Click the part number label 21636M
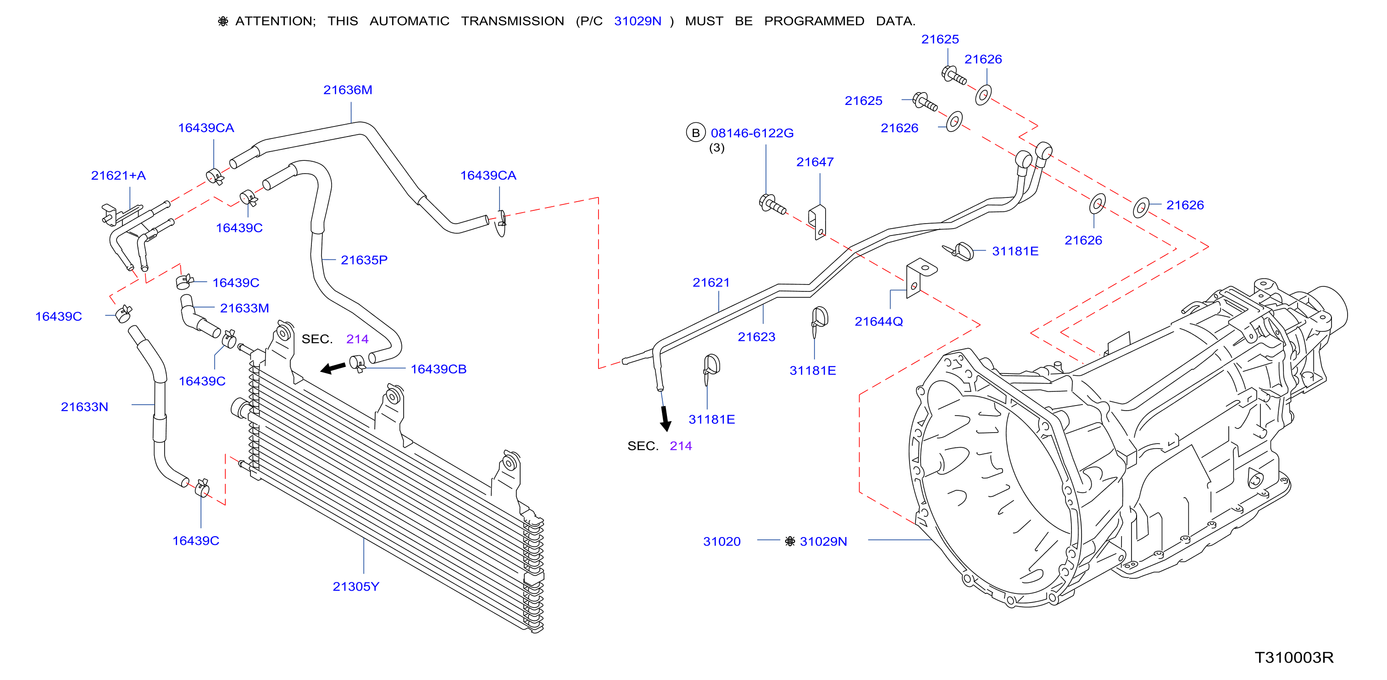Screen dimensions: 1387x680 [347, 90]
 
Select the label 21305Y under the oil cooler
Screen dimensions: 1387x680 [356, 587]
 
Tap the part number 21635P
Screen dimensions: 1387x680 [364, 260]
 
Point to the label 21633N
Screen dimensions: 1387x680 [84, 407]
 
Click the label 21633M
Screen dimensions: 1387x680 [244, 308]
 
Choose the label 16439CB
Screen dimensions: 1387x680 [438, 369]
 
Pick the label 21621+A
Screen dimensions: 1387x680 [118, 175]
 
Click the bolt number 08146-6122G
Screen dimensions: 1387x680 [752, 133]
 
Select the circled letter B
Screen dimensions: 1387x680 [696, 132]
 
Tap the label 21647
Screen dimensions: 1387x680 [815, 162]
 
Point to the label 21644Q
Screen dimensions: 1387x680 [879, 321]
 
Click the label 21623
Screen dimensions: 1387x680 [756, 337]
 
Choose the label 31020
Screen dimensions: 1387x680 [721, 541]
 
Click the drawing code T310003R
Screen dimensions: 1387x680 [1294, 658]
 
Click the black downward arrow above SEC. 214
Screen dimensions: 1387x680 [666, 418]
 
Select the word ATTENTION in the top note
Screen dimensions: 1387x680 [275, 21]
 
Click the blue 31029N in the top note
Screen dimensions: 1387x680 [638, 21]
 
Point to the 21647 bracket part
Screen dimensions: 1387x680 [817, 222]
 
